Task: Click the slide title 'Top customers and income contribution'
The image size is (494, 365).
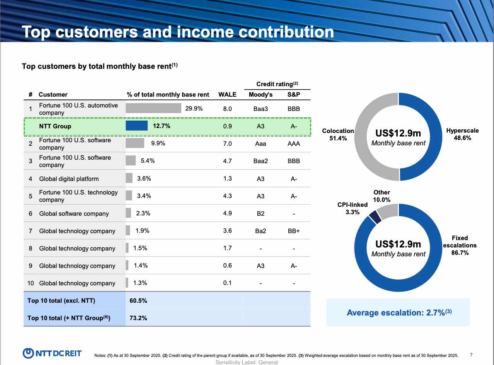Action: (178, 32)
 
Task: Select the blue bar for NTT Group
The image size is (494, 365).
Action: (136, 126)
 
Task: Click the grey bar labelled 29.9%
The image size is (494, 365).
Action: (153, 108)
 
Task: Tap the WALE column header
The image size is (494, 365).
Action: (227, 94)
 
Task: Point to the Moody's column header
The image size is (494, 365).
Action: (261, 94)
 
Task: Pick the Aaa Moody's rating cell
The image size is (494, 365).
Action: (261, 143)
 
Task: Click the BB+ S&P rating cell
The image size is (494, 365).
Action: (294, 231)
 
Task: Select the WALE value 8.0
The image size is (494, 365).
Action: (227, 109)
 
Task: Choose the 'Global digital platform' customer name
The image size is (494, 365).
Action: (69, 179)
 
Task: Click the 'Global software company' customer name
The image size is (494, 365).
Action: (74, 213)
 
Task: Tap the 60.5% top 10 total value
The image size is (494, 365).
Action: (138, 300)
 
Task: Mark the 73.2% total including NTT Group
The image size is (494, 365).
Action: (138, 318)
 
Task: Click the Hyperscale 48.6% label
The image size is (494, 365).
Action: (462, 134)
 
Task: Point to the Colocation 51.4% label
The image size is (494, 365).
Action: (338, 135)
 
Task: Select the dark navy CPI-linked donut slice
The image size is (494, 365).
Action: (374, 217)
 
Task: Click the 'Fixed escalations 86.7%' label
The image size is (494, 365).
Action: (460, 245)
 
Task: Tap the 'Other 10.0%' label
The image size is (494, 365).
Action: (382, 196)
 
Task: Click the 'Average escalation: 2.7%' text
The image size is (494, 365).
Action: (399, 312)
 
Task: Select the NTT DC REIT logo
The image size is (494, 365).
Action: (52, 353)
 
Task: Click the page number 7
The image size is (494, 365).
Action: (471, 355)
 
